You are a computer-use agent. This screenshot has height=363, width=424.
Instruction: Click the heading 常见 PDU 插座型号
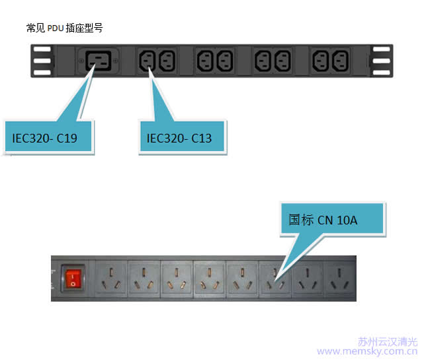[x=64, y=28]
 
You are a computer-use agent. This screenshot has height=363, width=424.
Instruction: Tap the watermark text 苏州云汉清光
[x=388, y=341]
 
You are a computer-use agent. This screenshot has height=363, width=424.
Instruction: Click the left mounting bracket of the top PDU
[x=42, y=61]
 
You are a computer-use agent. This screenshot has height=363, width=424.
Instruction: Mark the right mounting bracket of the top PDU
[x=382, y=61]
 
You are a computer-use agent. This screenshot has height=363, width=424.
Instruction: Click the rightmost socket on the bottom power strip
[x=338, y=277]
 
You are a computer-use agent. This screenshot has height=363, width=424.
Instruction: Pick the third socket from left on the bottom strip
[x=176, y=277]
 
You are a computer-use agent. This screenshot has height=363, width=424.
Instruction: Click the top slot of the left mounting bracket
[x=42, y=49]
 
